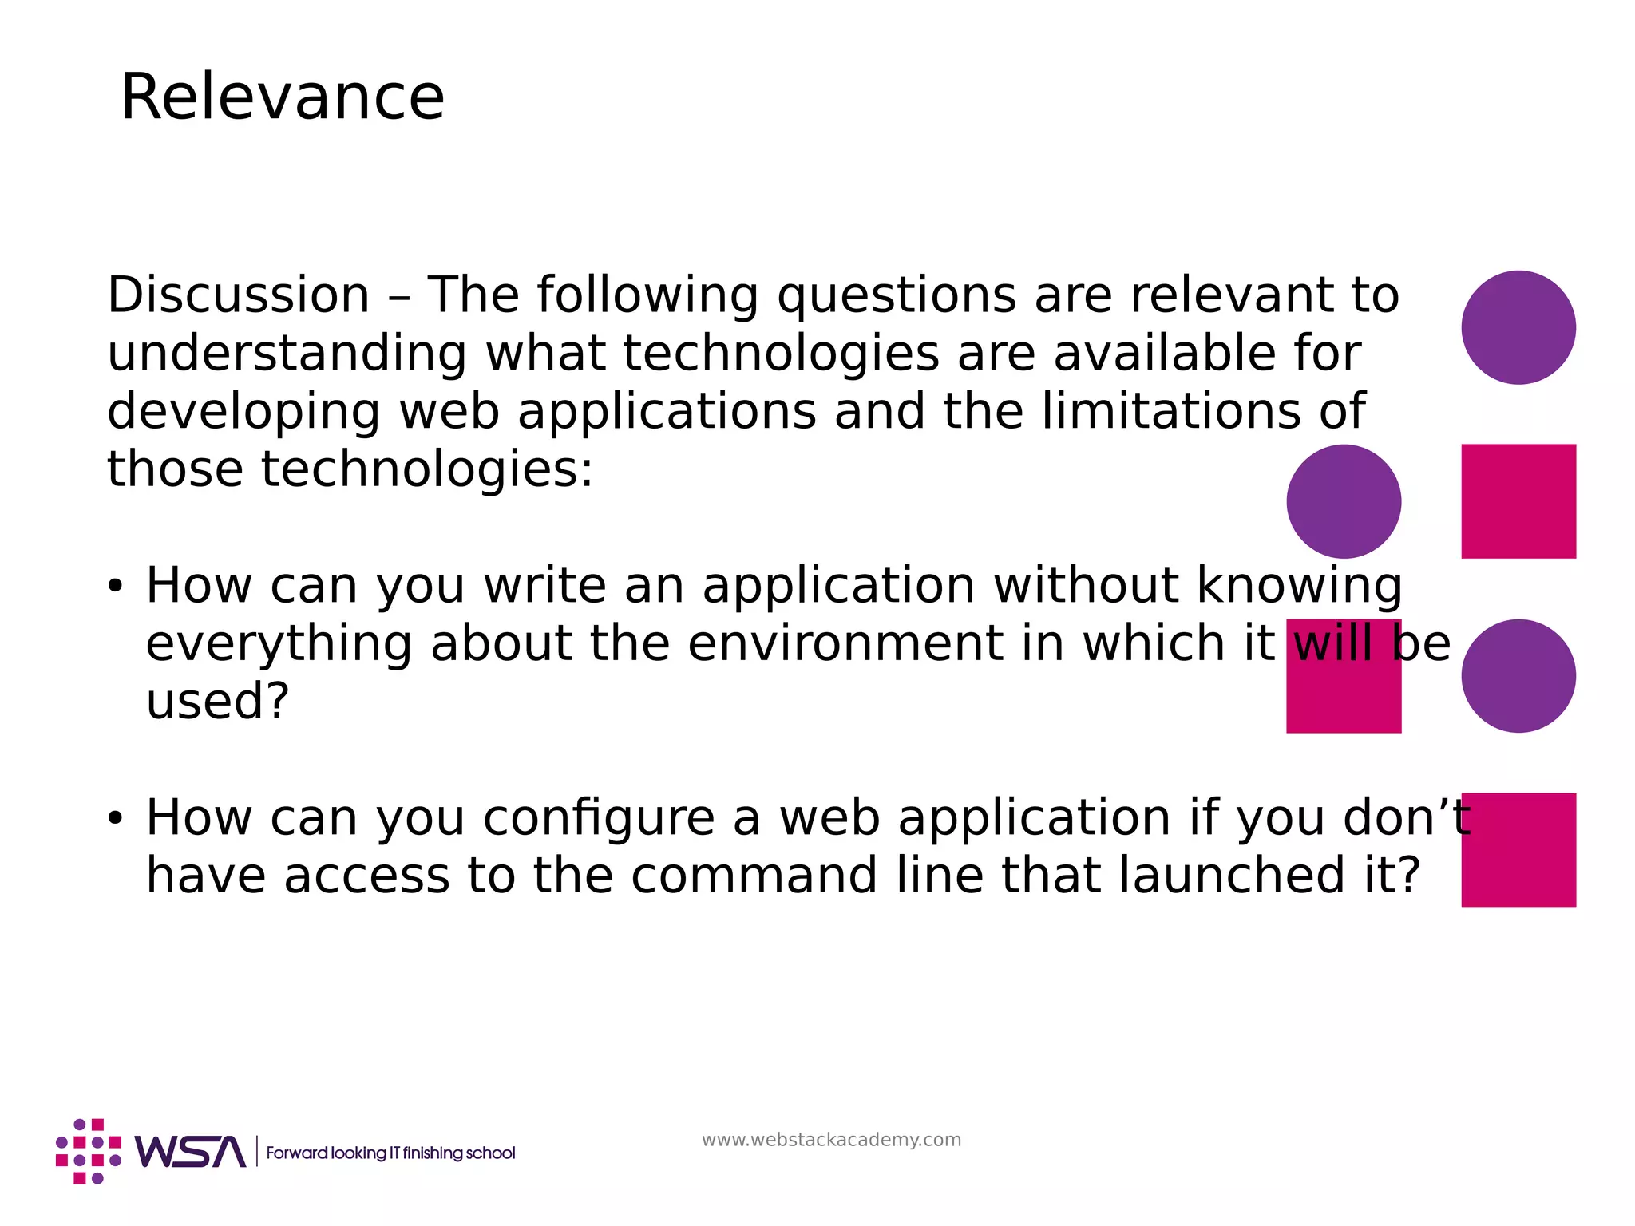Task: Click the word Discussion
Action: (239, 295)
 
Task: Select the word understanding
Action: (287, 354)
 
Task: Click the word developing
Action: (243, 413)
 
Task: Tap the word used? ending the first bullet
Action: (217, 701)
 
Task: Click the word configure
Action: (599, 819)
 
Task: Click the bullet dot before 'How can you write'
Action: (116, 587)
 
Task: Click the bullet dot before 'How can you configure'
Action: (116, 819)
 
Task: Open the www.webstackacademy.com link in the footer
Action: (831, 1140)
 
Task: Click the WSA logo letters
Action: (190, 1152)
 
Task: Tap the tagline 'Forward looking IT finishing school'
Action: (390, 1153)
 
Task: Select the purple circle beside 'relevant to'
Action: (1518, 327)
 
